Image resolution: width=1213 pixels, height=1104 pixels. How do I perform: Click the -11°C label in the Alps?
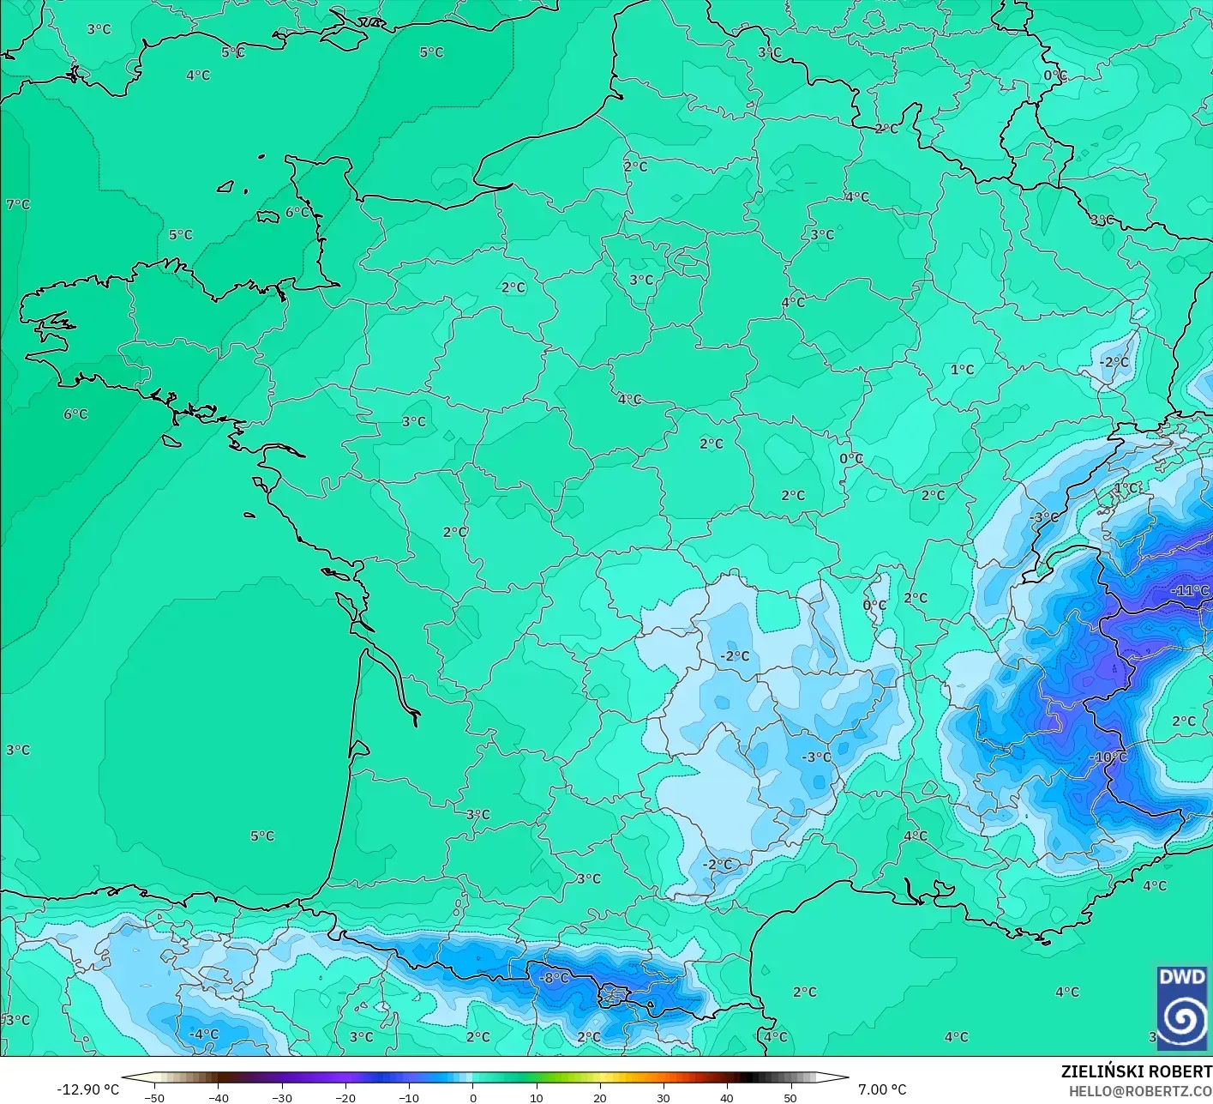click(x=1190, y=591)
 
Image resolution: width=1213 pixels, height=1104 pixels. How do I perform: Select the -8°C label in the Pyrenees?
click(x=554, y=978)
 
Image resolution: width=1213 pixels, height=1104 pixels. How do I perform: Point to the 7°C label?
click(x=18, y=204)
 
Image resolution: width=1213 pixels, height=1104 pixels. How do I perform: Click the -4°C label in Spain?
click(x=204, y=1035)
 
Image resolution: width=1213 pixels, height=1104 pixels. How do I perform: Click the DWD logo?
click(x=1182, y=1008)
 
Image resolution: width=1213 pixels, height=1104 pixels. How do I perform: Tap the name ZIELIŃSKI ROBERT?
click(x=1136, y=1071)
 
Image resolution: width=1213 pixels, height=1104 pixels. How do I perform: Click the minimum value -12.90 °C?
click(x=88, y=1089)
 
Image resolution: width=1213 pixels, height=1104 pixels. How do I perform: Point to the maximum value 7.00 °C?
click(x=882, y=1089)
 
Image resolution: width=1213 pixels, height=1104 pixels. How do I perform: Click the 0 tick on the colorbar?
click(x=472, y=1098)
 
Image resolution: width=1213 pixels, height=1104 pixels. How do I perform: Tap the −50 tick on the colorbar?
click(x=154, y=1098)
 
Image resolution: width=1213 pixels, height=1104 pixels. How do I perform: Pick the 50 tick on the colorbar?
click(x=790, y=1098)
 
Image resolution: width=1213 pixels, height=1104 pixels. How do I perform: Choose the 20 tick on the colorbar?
click(x=599, y=1098)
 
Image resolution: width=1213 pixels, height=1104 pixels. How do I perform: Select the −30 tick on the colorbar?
click(x=281, y=1098)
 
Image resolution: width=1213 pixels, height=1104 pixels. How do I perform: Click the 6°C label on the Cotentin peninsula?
click(x=297, y=212)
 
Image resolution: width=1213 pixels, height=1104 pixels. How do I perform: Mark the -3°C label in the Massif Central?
click(x=816, y=757)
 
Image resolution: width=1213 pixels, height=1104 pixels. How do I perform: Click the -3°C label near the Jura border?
click(x=1044, y=518)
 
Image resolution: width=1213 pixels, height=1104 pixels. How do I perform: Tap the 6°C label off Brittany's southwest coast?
click(x=75, y=414)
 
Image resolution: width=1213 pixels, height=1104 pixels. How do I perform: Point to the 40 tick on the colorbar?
click(x=727, y=1098)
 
